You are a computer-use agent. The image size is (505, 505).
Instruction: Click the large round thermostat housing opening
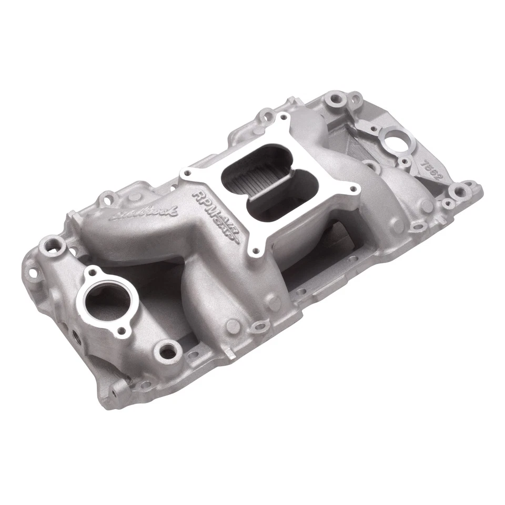pyautogui.click(x=106, y=299)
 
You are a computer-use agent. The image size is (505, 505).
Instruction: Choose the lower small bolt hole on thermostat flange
pyautogui.click(x=123, y=331)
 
